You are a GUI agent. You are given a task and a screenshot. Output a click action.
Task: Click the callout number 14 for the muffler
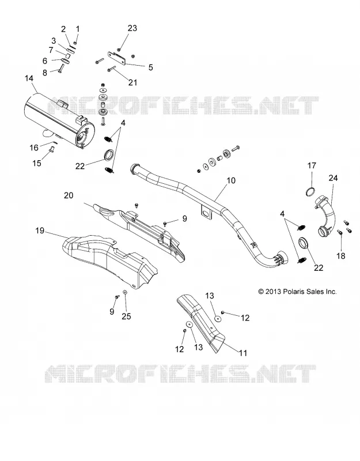point(29,78)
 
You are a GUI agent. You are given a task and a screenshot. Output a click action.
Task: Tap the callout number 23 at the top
point(132,28)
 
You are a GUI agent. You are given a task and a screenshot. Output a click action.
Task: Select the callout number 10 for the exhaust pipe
point(232,180)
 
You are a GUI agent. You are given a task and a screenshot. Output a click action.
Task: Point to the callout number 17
point(312,165)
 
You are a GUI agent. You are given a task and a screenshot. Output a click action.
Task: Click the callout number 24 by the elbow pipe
point(334,178)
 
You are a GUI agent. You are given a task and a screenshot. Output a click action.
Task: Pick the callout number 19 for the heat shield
point(40,231)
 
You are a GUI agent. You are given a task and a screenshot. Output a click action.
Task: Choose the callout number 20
point(69,195)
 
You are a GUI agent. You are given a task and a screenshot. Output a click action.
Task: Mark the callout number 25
point(126,316)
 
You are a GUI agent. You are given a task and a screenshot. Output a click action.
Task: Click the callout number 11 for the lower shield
point(243,353)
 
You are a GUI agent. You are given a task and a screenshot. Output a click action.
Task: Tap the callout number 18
point(341,256)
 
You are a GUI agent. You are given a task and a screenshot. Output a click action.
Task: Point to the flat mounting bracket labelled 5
point(117,58)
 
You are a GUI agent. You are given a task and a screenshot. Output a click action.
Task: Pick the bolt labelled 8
point(61,68)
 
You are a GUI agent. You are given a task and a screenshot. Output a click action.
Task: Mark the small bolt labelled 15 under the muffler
point(51,149)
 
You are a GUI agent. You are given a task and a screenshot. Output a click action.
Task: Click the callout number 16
point(34,148)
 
